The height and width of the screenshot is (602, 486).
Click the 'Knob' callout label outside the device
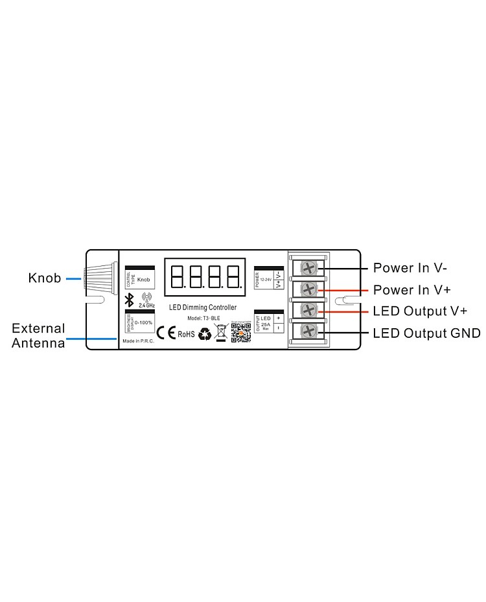45,278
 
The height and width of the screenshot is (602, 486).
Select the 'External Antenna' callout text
39,336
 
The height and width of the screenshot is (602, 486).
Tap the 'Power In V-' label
410,267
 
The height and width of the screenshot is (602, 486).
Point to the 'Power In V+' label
411,289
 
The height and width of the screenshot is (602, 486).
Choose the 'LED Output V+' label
420,311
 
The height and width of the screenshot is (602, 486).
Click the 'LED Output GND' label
426,333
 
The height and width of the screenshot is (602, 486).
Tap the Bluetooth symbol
129,300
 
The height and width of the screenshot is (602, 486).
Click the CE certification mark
167,333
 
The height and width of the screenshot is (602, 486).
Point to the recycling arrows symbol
205,333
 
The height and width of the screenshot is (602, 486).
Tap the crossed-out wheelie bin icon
221,333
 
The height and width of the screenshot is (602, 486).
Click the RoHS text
186,334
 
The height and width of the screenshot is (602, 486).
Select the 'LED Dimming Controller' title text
203,307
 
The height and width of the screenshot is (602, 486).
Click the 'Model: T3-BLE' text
203,318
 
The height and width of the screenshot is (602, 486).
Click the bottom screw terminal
309,332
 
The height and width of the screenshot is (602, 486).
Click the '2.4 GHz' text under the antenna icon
146,306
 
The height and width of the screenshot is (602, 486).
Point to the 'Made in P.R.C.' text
137,340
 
